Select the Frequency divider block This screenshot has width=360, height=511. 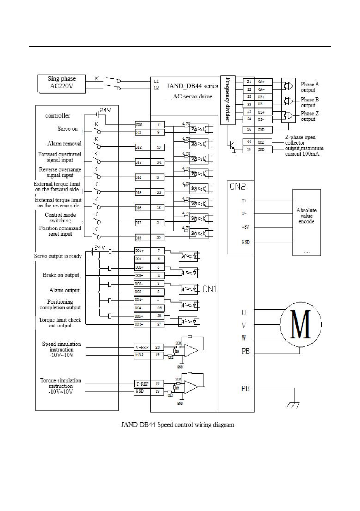coord(227,99)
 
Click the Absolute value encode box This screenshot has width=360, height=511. coord(306,222)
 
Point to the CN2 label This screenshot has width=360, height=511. coord(238,187)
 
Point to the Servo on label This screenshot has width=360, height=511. coord(68,129)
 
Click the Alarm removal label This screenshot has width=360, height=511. coord(64,144)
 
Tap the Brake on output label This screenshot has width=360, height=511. coord(61,275)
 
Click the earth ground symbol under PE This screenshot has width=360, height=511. coord(292,406)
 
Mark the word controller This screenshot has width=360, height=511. coord(58,116)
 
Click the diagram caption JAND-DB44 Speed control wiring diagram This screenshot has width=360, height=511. coord(178,424)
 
